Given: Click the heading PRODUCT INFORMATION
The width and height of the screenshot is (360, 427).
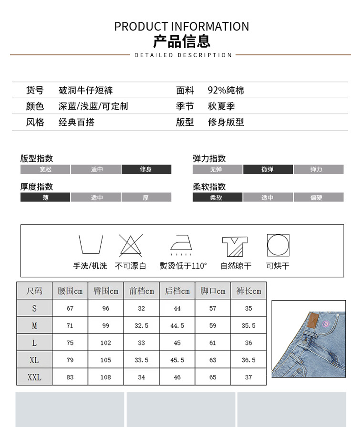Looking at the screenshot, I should (181, 27).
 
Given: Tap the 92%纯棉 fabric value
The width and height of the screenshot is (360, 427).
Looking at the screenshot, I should (226, 90).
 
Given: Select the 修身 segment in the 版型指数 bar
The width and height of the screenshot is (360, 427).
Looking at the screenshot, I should (146, 169).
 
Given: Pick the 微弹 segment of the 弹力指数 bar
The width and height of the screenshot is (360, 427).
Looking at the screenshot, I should (267, 169).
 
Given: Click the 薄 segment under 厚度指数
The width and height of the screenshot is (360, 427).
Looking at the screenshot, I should (45, 198).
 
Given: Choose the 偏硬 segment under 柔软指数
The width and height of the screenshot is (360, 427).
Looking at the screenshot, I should (318, 198).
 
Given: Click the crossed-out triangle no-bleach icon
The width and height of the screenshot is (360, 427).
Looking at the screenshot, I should (131, 245).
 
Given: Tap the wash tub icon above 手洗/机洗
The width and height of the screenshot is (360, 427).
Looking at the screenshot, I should (91, 245).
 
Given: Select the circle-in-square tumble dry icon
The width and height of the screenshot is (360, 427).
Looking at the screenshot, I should (278, 245).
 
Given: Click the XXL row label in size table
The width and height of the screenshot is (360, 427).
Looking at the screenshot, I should (34, 377).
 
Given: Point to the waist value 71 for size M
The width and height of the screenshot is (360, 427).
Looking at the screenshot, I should (70, 326).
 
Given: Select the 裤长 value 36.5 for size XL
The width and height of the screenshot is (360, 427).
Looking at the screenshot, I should (248, 360).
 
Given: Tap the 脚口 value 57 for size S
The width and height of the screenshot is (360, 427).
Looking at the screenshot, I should (213, 309).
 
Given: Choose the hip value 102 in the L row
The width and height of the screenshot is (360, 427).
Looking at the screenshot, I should (106, 343).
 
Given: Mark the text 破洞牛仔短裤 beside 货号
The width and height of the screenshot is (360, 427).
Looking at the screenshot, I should (86, 90).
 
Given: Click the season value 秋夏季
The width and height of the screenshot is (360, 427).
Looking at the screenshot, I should (221, 106).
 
